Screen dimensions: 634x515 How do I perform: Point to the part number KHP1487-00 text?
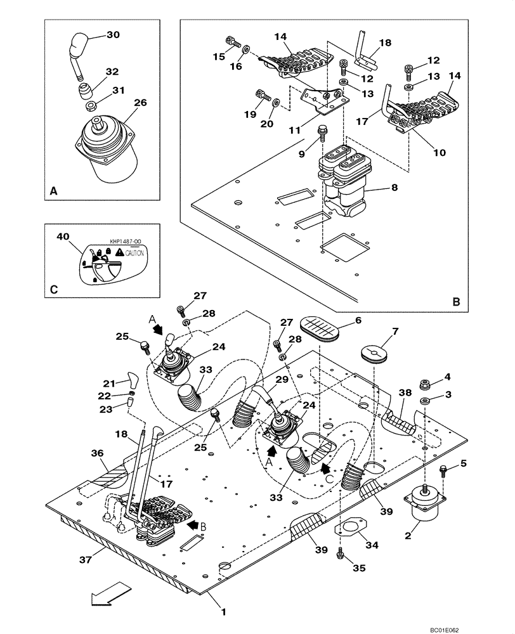126,242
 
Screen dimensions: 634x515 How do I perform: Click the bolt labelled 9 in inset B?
323,134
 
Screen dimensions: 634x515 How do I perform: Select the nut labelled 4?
425,384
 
